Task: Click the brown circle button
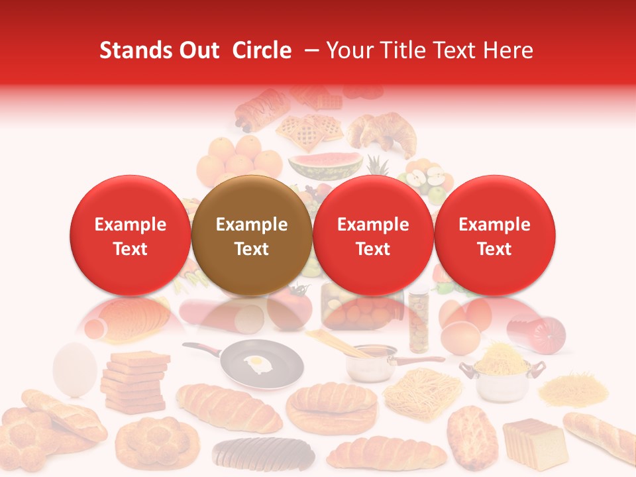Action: pyautogui.click(x=252, y=236)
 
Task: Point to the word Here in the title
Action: pyautogui.click(x=511, y=50)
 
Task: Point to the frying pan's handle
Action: pyautogui.click(x=198, y=348)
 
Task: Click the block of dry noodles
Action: pyautogui.click(x=423, y=391)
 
